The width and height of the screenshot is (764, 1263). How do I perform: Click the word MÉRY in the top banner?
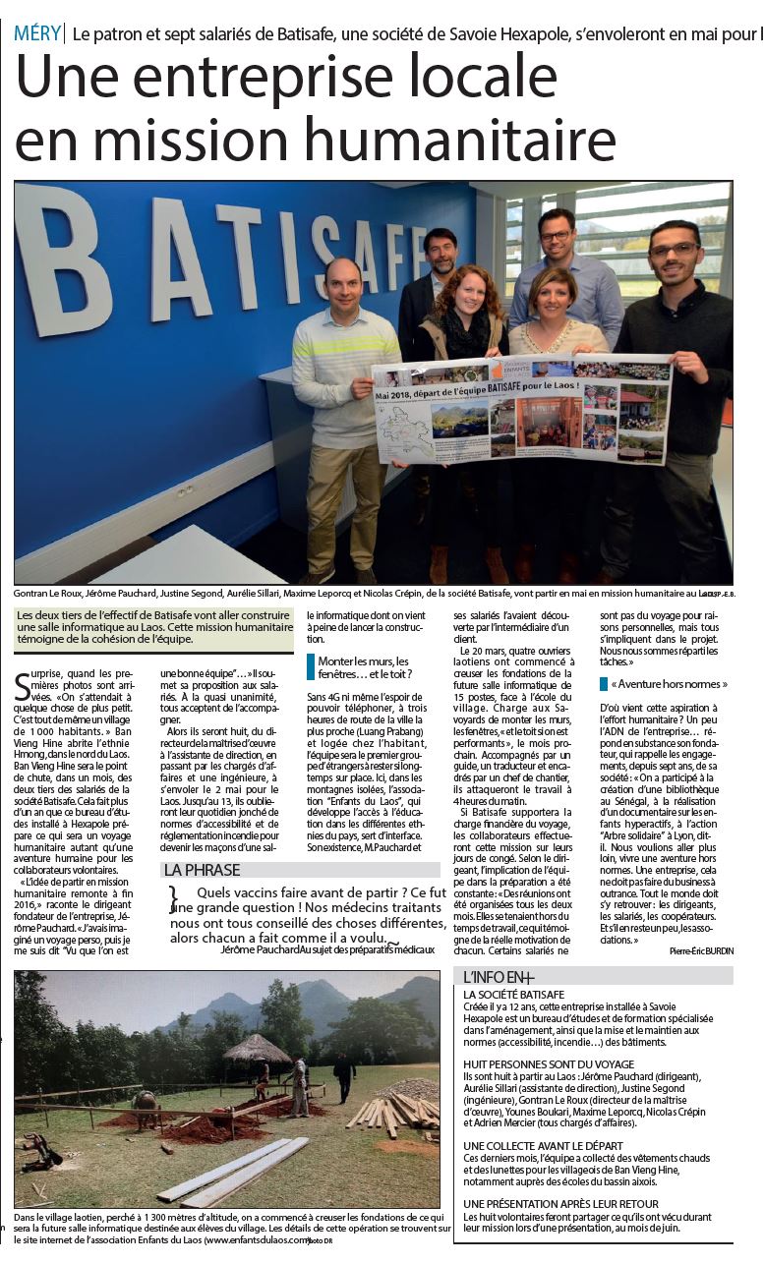35,33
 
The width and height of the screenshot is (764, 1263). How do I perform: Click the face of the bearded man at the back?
441,252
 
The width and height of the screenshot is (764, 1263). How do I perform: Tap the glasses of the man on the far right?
673,250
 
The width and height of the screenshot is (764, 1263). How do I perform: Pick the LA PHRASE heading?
202,870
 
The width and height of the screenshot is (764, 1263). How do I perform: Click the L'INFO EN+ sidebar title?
500,976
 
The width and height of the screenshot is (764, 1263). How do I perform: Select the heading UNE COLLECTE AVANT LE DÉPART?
548,1145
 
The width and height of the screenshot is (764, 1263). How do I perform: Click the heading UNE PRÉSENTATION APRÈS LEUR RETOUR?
560,1203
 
